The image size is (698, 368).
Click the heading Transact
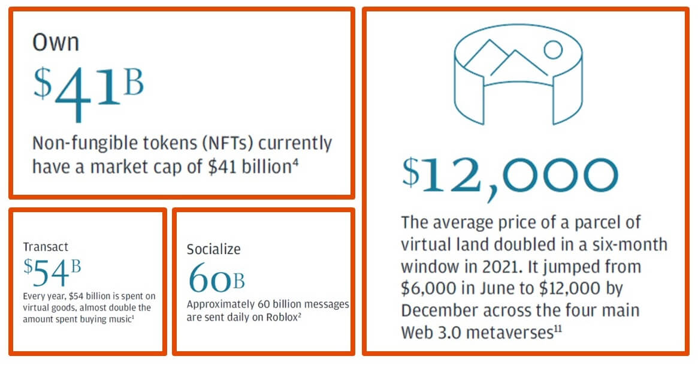[46, 246]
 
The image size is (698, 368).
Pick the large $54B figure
[53, 273]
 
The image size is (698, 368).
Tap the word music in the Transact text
[119, 319]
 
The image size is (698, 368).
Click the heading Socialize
[213, 249]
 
